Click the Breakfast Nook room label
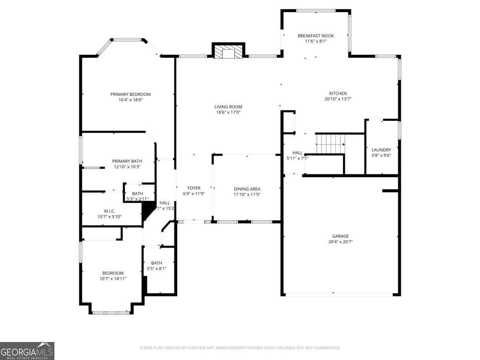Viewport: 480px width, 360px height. click(x=316, y=36)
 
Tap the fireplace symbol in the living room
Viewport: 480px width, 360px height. click(x=228, y=52)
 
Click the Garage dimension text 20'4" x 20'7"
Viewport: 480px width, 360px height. click(x=340, y=242)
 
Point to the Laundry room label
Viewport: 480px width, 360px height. click(x=381, y=150)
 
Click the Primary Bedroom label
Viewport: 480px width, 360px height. click(x=130, y=94)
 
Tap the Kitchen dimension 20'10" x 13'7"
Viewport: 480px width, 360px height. click(x=338, y=99)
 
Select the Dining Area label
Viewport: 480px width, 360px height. click(x=247, y=189)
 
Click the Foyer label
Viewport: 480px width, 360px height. click(x=194, y=188)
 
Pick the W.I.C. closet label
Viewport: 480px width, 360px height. click(x=109, y=211)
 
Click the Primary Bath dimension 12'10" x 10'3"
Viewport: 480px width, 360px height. click(x=127, y=166)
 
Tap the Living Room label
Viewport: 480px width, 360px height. click(x=228, y=107)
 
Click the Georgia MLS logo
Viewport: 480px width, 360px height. click(x=27, y=351)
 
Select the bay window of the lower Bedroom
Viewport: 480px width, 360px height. click(x=111, y=312)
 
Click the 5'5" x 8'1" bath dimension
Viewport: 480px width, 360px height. click(x=156, y=268)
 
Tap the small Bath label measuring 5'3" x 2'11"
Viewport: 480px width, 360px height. click(x=137, y=194)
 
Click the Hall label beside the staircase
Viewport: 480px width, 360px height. click(x=297, y=153)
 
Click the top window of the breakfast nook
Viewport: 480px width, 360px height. click(x=316, y=11)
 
